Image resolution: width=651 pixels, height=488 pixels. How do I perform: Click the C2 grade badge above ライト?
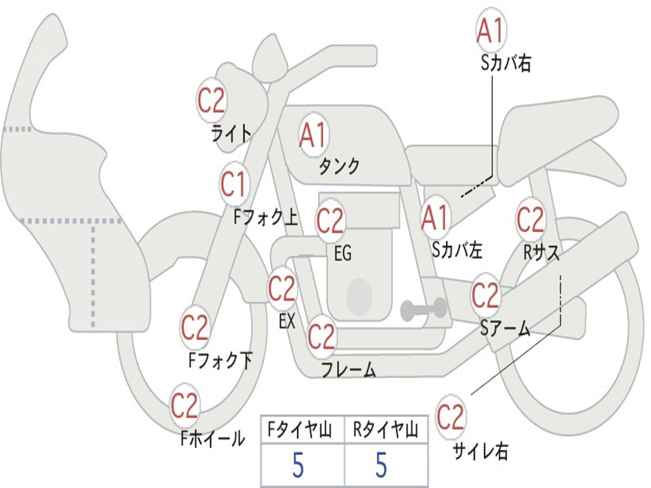[212, 99]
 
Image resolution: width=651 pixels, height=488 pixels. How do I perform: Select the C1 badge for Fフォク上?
[233, 184]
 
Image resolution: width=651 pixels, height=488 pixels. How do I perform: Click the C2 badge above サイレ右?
[451, 417]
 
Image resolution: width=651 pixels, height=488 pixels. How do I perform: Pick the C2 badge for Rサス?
[530, 219]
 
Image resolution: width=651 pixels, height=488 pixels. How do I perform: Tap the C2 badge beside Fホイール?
[185, 405]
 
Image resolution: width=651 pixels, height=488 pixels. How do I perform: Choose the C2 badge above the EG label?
[330, 220]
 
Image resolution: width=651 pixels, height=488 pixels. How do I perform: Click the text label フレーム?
[348, 369]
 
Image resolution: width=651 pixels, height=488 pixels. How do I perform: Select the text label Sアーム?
[505, 328]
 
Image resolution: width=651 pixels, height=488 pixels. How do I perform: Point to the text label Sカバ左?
[457, 250]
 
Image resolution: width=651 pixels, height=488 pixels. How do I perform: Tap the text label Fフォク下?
[220, 361]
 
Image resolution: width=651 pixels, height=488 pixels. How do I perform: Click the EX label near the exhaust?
[287, 322]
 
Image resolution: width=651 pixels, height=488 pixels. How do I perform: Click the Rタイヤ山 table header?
[385, 430]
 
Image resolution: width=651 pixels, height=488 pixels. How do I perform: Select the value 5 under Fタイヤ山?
[298, 466]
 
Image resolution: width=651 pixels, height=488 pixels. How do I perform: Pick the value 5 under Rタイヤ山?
[381, 466]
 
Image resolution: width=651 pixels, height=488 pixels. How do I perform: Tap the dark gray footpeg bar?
[423, 309]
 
